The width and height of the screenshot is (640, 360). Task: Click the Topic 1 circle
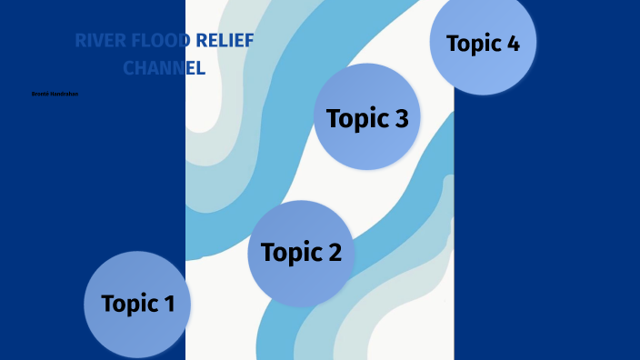tap(137, 304)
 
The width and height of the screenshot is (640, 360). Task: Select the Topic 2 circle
tap(301, 252)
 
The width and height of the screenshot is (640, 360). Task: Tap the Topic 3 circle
tap(367, 117)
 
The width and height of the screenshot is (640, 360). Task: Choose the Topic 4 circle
tap(483, 43)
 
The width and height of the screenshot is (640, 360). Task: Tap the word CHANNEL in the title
tap(165, 67)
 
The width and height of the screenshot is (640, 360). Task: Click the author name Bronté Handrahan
tap(55, 94)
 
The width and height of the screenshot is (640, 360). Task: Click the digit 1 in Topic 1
tap(168, 305)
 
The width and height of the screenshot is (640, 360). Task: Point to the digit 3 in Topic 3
tap(399, 118)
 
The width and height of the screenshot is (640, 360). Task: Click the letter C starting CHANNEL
tap(129, 67)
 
